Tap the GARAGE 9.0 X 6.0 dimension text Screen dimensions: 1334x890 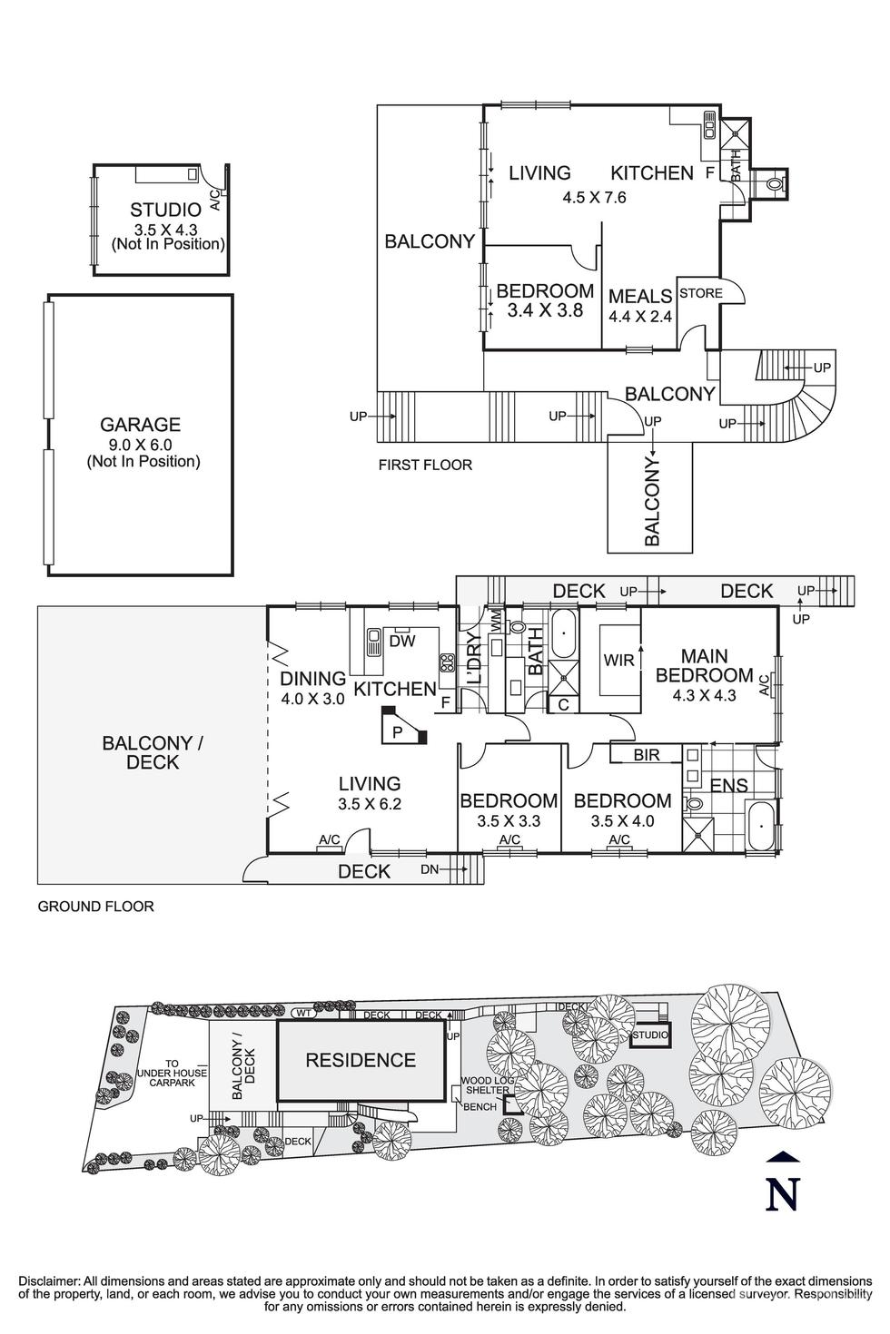pos(142,445)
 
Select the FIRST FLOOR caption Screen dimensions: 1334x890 pos(425,466)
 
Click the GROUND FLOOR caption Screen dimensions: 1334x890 pos(95,906)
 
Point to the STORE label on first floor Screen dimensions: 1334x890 pos(701,293)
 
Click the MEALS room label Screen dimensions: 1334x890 pos(639,296)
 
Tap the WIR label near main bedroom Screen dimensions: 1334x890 pos(618,661)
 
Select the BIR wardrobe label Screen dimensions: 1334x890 pos(646,754)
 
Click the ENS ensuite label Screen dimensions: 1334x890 pos(728,786)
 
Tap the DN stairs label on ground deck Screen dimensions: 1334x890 pos(430,870)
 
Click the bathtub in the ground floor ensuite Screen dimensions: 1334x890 pos(759,826)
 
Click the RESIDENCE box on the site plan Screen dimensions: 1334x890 pos(361,1060)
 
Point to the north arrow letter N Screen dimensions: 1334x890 pos(782,1194)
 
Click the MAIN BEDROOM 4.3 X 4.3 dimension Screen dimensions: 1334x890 pos(704,697)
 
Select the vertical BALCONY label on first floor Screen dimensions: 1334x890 pos(652,501)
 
